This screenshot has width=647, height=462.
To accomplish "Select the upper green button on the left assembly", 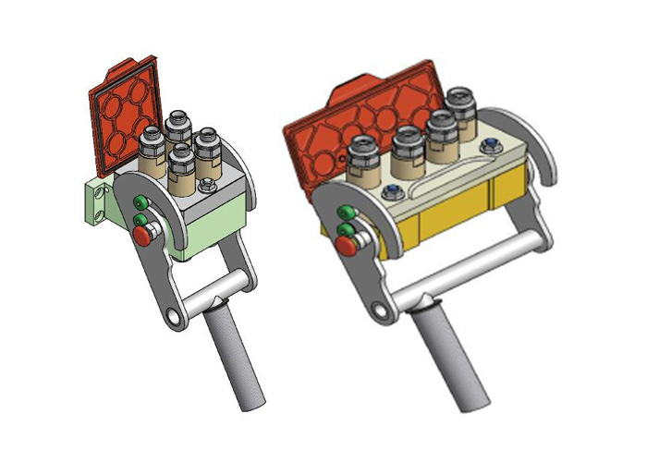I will pyautogui.click(x=140, y=203).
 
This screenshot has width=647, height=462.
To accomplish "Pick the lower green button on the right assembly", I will pyautogui.click(x=346, y=228).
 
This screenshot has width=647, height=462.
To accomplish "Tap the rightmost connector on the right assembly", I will pyautogui.click(x=461, y=108).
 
